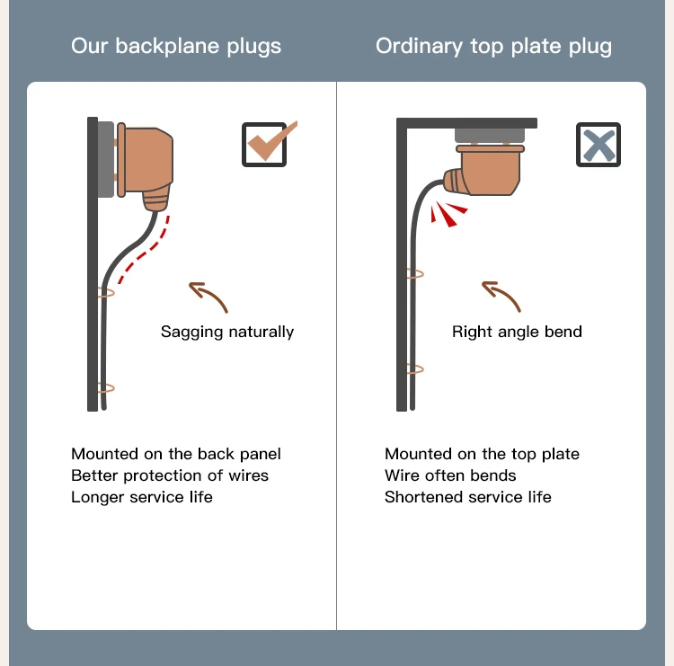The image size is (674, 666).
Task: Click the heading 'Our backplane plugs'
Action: pyautogui.click(x=176, y=47)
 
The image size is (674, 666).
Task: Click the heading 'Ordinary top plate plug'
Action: pyautogui.click(x=493, y=47)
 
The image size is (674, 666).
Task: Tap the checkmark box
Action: pyautogui.click(x=264, y=145)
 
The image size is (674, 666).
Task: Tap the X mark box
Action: pyautogui.click(x=599, y=145)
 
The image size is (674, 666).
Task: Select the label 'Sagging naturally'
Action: pyautogui.click(x=227, y=332)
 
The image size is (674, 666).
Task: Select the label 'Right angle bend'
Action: pyautogui.click(x=517, y=332)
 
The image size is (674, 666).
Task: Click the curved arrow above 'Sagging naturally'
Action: pyautogui.click(x=208, y=296)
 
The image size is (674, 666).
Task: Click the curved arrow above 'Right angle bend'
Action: pyautogui.click(x=501, y=296)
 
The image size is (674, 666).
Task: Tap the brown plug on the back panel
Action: pyautogui.click(x=147, y=163)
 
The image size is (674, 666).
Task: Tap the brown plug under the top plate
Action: pyautogui.click(x=486, y=173)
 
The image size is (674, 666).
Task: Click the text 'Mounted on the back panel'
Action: pyautogui.click(x=176, y=454)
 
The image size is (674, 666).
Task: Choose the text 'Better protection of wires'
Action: pyautogui.click(x=170, y=475)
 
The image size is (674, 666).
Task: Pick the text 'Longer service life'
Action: pyautogui.click(x=142, y=497)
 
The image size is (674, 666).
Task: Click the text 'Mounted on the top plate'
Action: pyautogui.click(x=482, y=454)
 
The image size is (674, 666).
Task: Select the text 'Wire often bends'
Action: pyautogui.click(x=450, y=475)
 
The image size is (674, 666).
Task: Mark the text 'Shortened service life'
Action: pyautogui.click(x=468, y=497)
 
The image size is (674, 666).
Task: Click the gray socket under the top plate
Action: pyautogui.click(x=490, y=136)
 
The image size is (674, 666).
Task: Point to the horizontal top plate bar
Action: pyautogui.click(x=467, y=122)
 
